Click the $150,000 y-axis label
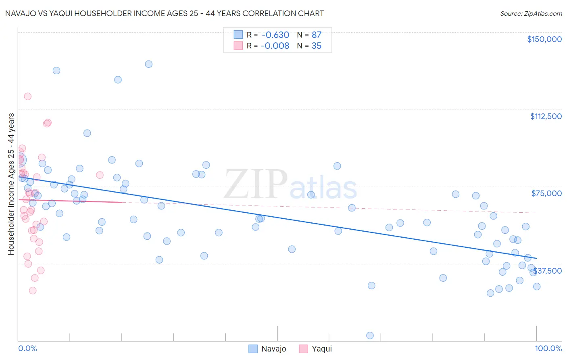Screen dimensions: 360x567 pyautogui.click(x=544, y=39)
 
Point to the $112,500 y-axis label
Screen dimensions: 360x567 pyautogui.click(x=546, y=116)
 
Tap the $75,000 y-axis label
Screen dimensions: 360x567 pyautogui.click(x=546, y=193)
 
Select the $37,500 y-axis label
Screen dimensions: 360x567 pyautogui.click(x=548, y=271)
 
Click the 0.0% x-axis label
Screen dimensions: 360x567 pyautogui.click(x=27, y=348)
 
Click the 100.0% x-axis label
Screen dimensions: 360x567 pyautogui.click(x=548, y=348)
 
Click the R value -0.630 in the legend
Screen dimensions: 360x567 pyautogui.click(x=275, y=35)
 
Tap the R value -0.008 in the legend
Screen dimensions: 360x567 pyautogui.click(x=275, y=46)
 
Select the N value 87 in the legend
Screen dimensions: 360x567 pyautogui.click(x=317, y=35)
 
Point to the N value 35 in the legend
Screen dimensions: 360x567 pyautogui.click(x=317, y=46)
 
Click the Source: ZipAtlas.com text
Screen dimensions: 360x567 pyautogui.click(x=531, y=14)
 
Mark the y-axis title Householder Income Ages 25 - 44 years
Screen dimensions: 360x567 pyautogui.click(x=11, y=184)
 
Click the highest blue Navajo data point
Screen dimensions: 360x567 pyautogui.click(x=148, y=64)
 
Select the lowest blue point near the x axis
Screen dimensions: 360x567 pyautogui.click(x=370, y=335)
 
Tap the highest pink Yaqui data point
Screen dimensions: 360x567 pyautogui.click(x=27, y=96)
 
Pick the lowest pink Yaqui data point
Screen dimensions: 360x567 pyautogui.click(x=33, y=291)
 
